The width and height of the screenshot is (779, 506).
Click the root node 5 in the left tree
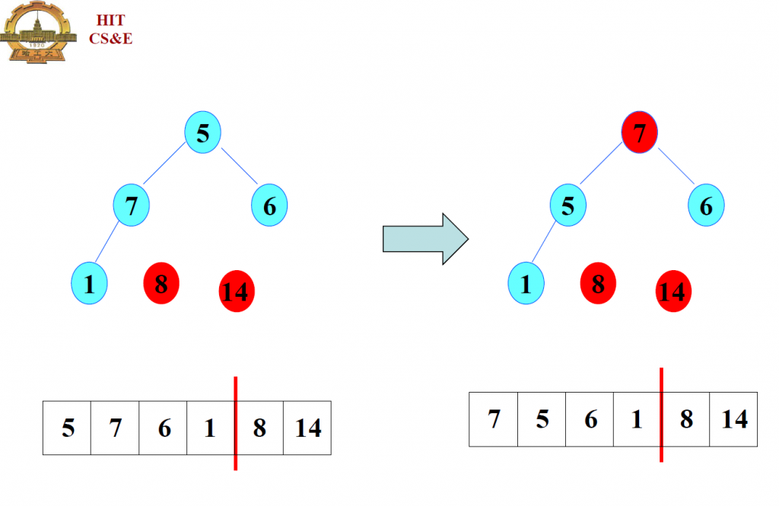coord(202,132)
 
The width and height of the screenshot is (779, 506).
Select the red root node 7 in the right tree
coord(639,132)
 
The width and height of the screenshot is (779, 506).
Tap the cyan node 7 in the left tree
coord(131,205)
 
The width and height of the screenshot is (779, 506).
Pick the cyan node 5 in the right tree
coord(568,205)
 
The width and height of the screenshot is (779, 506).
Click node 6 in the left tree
coord(269,205)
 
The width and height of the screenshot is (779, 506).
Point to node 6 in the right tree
coord(706,205)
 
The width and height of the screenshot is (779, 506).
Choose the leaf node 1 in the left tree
coord(89,285)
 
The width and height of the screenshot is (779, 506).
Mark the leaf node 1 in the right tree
coord(526,285)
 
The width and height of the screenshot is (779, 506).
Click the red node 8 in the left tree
coord(161,284)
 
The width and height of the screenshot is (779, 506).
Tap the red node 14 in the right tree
coord(672,291)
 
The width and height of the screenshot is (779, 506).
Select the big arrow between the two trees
coord(424,238)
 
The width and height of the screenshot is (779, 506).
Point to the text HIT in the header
coord(110,21)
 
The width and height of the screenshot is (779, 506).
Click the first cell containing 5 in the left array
coord(67,428)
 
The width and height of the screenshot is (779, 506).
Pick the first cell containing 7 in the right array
coord(493,419)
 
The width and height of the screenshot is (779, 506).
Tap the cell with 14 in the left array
coord(307,428)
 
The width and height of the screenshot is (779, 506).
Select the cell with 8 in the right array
coord(685,419)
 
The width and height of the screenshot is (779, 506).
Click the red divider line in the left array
coord(236,423)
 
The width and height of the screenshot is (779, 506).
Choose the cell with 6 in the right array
coord(590,419)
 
